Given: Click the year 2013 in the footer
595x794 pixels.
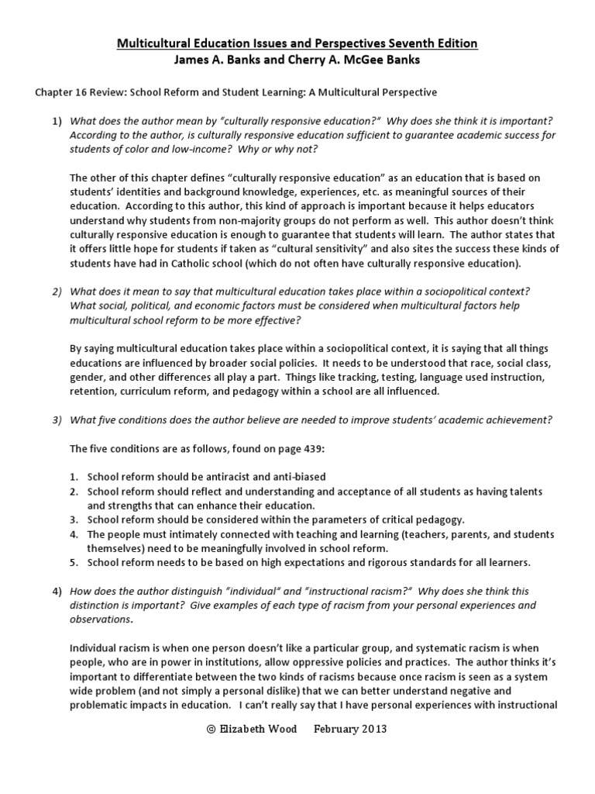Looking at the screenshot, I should (x=372, y=729).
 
